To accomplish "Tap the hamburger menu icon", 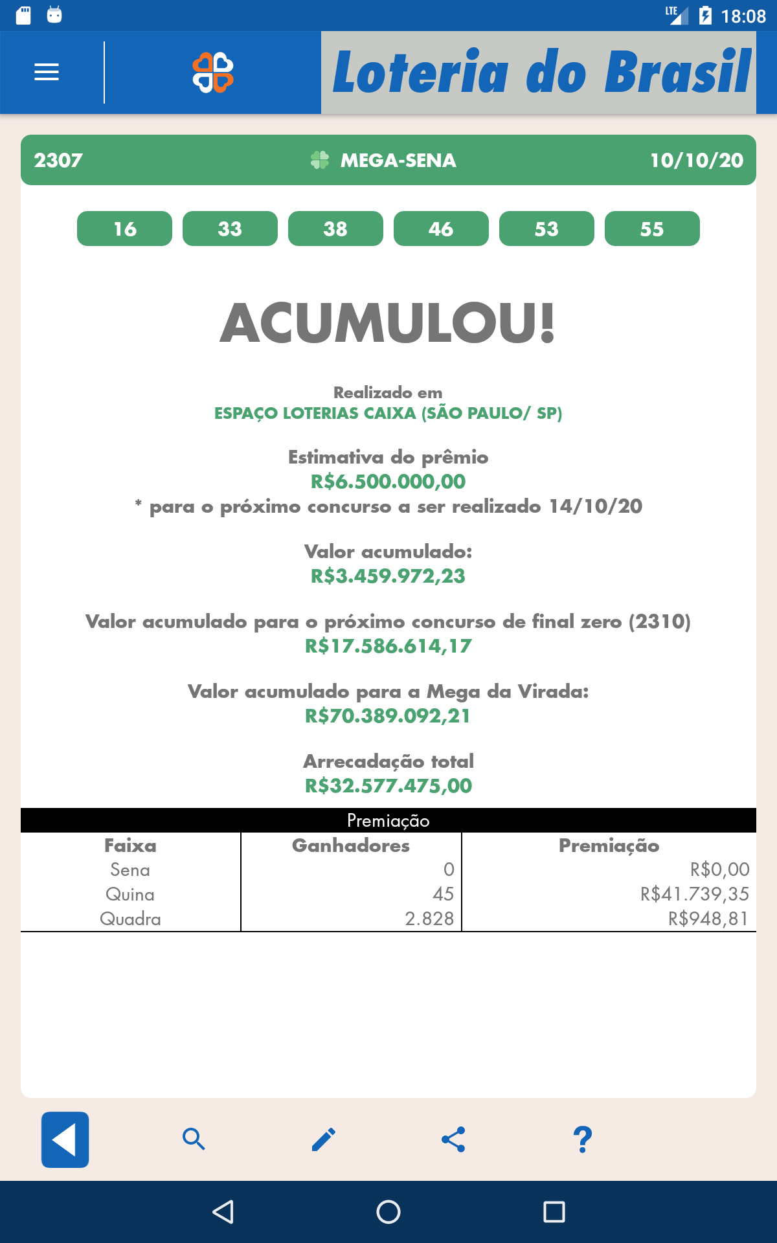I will pyautogui.click(x=47, y=72).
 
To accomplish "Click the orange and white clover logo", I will pyautogui.click(x=213, y=73).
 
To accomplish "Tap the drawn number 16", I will pyautogui.click(x=124, y=229).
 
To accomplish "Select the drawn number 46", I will pyautogui.click(x=441, y=229).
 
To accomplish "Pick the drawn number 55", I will pyautogui.click(x=652, y=229).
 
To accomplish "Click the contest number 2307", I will pyautogui.click(x=58, y=160).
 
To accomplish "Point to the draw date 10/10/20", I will pyautogui.click(x=697, y=160).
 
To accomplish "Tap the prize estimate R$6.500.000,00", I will pyautogui.click(x=388, y=482).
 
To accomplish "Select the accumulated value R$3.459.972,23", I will pyautogui.click(x=388, y=576).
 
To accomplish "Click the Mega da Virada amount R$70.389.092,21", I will pyautogui.click(x=388, y=716).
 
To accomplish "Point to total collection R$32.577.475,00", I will pyautogui.click(x=388, y=786).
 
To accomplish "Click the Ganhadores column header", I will pyautogui.click(x=351, y=845).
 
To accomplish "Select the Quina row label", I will pyautogui.click(x=130, y=895).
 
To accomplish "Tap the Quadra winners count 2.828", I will pyautogui.click(x=429, y=919).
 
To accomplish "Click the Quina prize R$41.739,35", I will pyautogui.click(x=694, y=894).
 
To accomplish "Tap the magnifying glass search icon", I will pyautogui.click(x=194, y=1139).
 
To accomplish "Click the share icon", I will pyautogui.click(x=453, y=1139).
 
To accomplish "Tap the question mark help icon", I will pyautogui.click(x=583, y=1139).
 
